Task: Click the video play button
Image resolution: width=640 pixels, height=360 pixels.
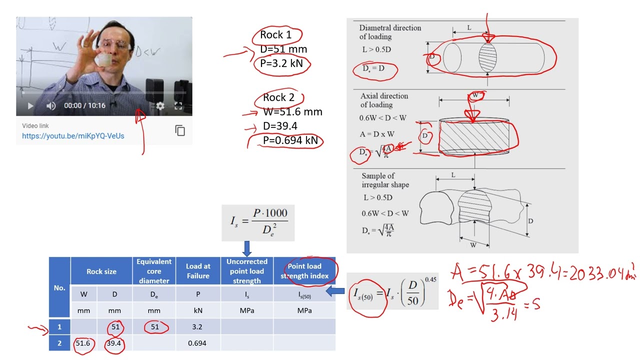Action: [x=30, y=106]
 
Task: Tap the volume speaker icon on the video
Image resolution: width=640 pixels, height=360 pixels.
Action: [x=51, y=106]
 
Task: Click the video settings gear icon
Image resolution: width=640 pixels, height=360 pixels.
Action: [x=160, y=106]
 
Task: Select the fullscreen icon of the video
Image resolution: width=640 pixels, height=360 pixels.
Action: [x=178, y=106]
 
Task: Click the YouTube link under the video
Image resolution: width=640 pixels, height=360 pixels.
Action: [x=73, y=136]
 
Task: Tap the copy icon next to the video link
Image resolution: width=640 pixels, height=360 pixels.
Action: [x=180, y=130]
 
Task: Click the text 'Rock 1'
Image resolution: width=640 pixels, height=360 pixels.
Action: [x=275, y=35]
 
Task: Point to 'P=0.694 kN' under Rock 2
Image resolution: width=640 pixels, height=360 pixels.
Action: [x=290, y=140]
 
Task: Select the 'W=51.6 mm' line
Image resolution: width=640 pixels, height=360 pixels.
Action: [x=292, y=112]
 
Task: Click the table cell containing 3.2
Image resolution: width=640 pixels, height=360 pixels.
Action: [x=197, y=327]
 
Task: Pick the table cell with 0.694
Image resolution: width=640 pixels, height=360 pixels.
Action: [x=197, y=343]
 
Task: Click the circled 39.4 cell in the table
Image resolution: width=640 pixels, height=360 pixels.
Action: [x=114, y=343]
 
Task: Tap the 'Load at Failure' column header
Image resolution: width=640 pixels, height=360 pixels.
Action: [x=198, y=271]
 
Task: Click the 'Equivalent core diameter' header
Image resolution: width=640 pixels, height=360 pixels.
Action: [x=154, y=271]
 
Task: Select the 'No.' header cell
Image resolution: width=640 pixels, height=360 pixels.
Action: [x=59, y=287]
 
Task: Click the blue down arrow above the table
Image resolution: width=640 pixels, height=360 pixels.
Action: [x=247, y=248]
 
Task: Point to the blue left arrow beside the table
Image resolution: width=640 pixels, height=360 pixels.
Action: [x=335, y=291]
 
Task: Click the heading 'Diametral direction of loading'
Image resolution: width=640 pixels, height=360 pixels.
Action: [x=390, y=32]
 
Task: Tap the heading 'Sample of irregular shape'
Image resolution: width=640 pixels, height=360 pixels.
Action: [x=385, y=180]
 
